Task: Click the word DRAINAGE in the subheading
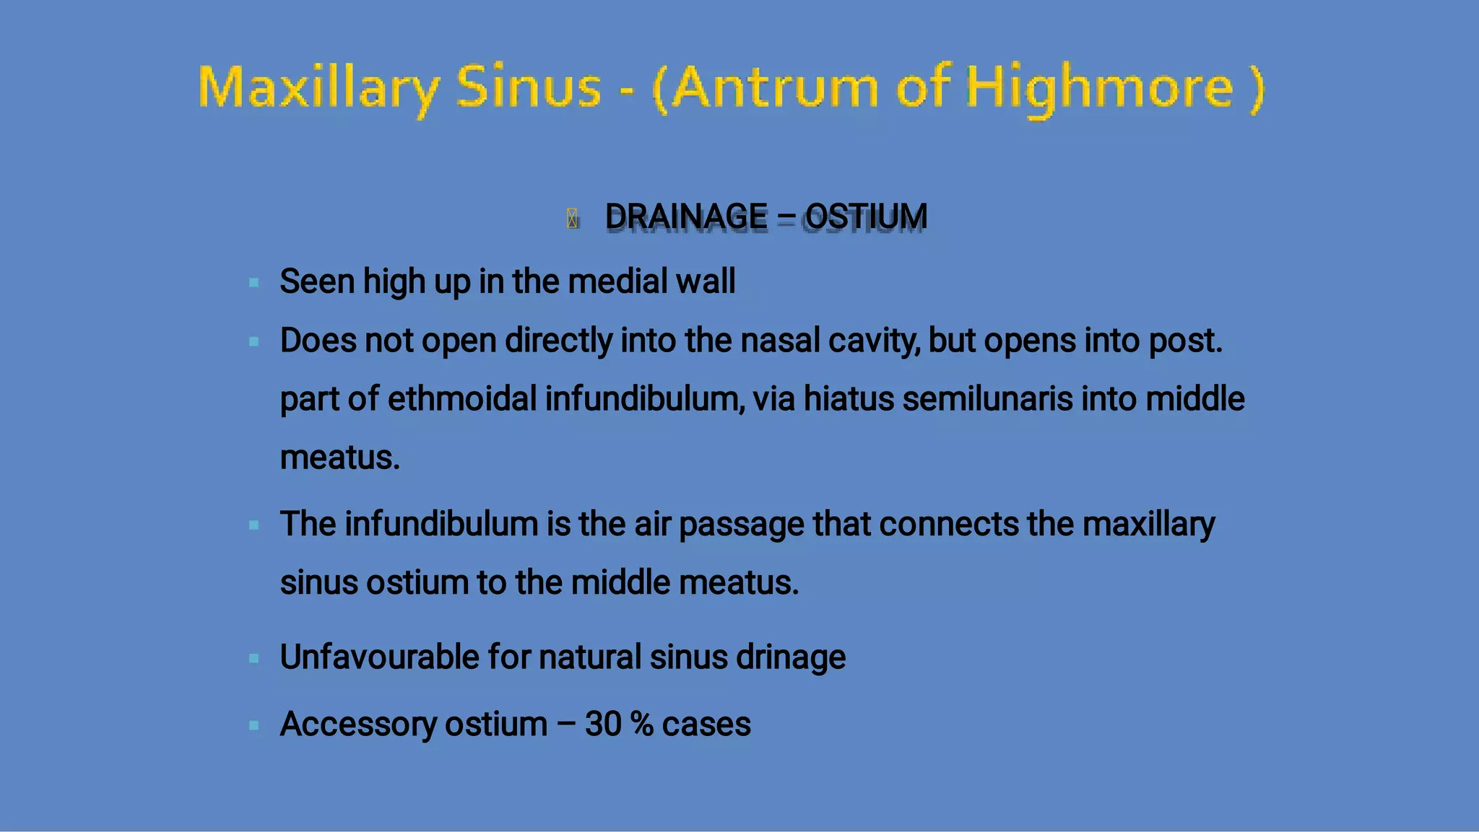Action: pyautogui.click(x=686, y=216)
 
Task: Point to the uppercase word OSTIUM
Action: pyautogui.click(x=866, y=216)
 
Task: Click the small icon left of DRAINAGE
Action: pyautogui.click(x=572, y=218)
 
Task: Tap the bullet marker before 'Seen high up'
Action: pyautogui.click(x=254, y=283)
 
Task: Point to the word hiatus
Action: pyautogui.click(x=849, y=399)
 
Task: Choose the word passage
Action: pyautogui.click(x=742, y=525)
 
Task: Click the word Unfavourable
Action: pyautogui.click(x=380, y=657)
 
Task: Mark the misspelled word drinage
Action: pyautogui.click(x=790, y=658)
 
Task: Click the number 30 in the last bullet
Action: pyautogui.click(x=603, y=724)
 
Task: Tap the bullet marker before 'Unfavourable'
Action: pyautogui.click(x=254, y=658)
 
